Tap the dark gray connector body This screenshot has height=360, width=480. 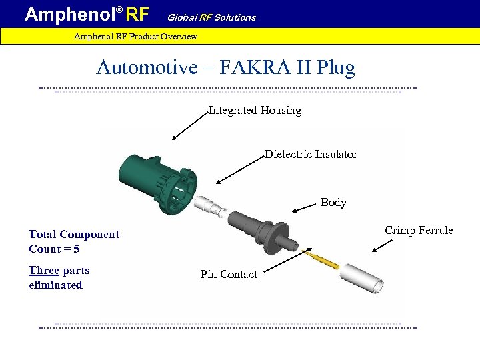tap(263, 229)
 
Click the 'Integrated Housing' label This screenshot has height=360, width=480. tap(255, 111)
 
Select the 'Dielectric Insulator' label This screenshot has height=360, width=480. tap(311, 155)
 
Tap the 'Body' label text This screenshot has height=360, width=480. tap(333, 203)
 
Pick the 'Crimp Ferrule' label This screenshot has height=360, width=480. tap(419, 231)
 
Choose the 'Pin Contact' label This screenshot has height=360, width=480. tap(229, 275)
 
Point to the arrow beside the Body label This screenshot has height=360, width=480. tap(305, 207)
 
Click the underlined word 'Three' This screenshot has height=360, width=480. tap(44, 271)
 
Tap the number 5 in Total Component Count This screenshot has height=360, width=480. tap(76, 249)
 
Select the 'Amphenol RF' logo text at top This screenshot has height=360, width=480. tap(87, 14)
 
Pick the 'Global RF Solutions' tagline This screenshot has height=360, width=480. tap(211, 17)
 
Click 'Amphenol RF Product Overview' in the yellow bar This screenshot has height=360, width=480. tap(135, 36)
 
